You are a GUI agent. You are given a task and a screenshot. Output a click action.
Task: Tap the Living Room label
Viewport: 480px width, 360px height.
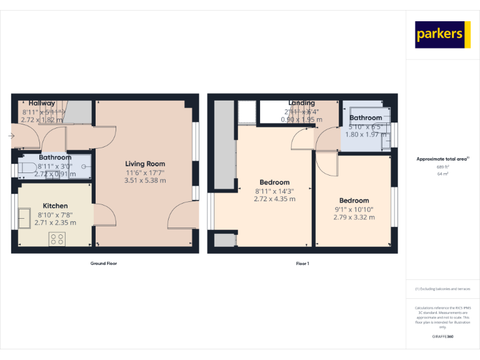(145, 164)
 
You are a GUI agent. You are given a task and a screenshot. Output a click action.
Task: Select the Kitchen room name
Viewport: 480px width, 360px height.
(55, 206)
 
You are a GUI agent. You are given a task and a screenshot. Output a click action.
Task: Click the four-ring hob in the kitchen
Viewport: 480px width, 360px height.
(57, 238)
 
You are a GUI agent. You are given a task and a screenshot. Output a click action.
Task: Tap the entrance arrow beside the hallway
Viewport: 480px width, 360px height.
(12, 135)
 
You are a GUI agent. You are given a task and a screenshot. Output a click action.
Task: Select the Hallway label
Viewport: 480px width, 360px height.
(42, 103)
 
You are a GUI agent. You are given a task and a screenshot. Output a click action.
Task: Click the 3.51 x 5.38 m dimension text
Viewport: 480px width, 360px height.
(145, 181)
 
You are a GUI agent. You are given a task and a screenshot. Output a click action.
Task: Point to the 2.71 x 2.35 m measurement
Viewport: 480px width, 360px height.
(55, 222)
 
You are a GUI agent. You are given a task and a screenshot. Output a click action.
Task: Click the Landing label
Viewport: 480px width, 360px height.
(301, 103)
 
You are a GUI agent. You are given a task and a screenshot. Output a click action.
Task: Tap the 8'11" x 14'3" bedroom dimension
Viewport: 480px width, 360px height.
(274, 191)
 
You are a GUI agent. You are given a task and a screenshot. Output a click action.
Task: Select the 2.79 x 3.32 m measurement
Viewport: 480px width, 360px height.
(354, 217)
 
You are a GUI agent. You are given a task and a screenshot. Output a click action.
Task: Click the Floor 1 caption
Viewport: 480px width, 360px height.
(302, 264)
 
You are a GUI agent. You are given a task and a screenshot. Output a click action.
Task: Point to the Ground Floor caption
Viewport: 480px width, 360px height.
(104, 264)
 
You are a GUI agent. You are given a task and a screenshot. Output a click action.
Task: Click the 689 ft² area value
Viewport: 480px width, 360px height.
(442, 167)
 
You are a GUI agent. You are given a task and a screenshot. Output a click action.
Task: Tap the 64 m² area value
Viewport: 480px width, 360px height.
(442, 174)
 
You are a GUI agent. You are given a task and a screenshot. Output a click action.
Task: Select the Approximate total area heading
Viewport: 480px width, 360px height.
(442, 159)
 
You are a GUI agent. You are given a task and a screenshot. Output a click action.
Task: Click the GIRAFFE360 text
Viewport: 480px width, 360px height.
(442, 337)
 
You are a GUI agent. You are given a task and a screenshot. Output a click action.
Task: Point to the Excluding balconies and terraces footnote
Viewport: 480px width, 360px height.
(442, 289)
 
